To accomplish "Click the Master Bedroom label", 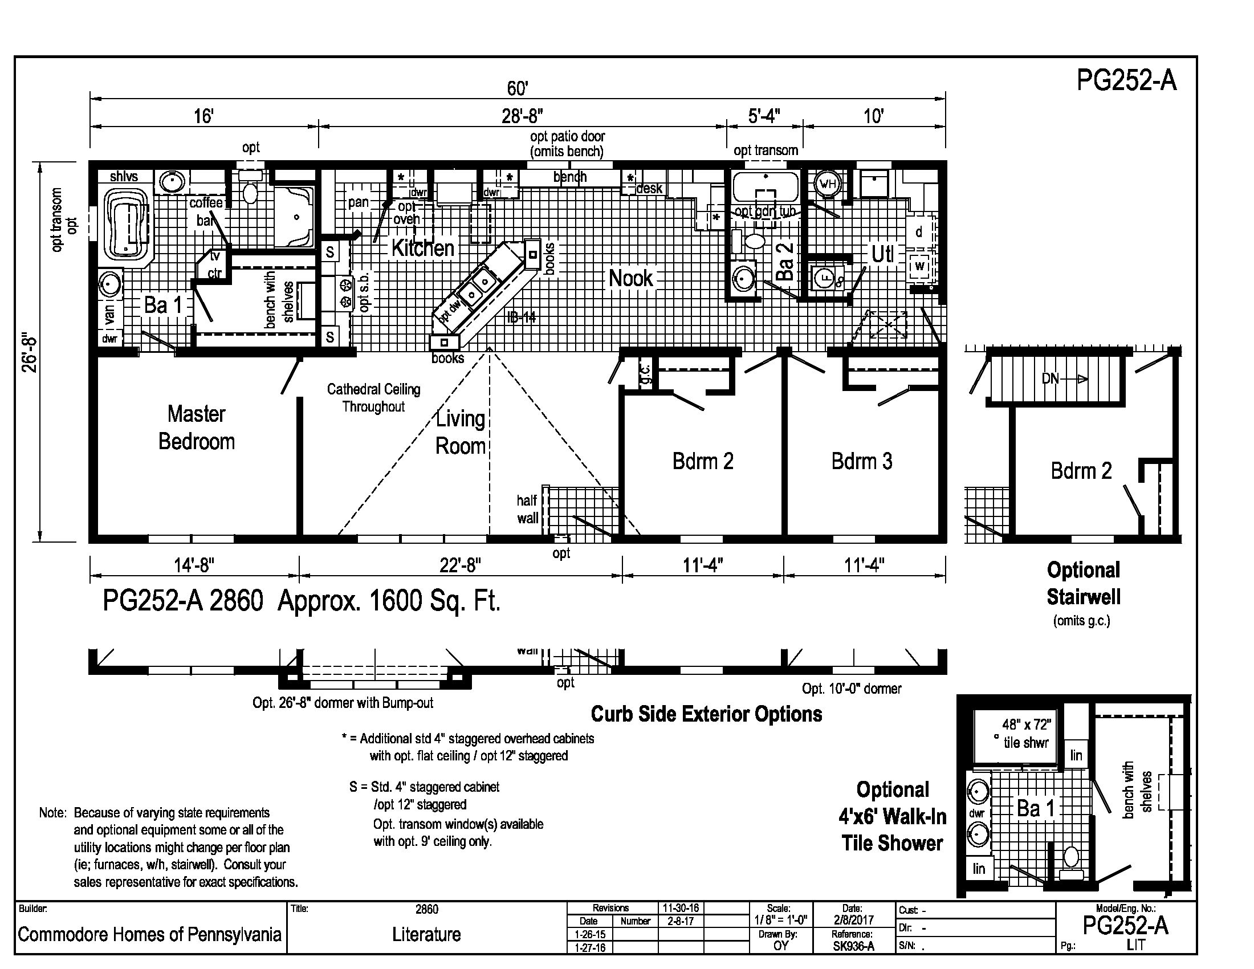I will coord(197,427).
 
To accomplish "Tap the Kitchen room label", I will coord(422,248).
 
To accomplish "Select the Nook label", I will coord(630,278).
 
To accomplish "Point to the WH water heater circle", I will coord(828,184).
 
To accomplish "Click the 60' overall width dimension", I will coord(518,88).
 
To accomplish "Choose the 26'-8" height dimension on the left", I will coord(30,353).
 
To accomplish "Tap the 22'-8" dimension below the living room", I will coord(460,565).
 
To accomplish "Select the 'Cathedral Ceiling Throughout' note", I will coord(374,398).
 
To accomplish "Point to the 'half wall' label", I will coord(528,509).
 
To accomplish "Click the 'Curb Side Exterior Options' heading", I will coord(706,714).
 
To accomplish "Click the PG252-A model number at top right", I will coord(1126,80).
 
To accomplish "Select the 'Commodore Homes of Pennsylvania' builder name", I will coord(149,934).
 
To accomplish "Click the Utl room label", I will coord(882,254).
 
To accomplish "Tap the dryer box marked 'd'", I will coord(919,232).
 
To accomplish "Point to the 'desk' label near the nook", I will coord(649,188).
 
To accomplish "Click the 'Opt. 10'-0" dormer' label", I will coord(852,689).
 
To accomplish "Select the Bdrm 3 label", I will coord(862,461).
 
